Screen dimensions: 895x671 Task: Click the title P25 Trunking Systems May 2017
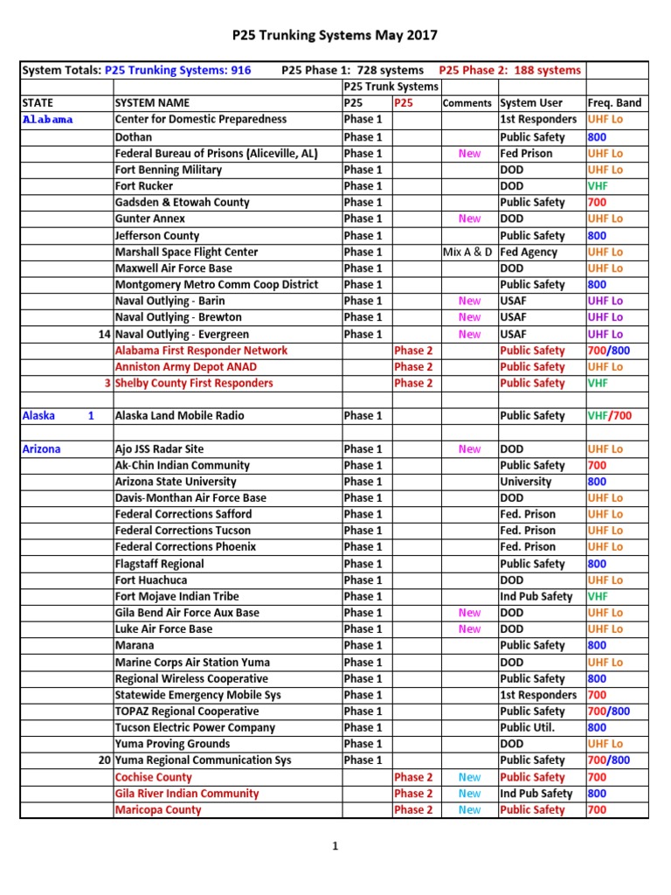[x=335, y=36]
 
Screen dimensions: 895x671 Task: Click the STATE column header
[x=37, y=103]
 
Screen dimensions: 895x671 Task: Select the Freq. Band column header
[x=614, y=103]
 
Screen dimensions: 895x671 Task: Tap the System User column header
[x=531, y=103]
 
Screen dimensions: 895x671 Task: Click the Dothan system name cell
[x=134, y=137]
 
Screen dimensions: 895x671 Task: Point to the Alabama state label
[x=48, y=120]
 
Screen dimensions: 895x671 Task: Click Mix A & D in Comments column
[x=468, y=252]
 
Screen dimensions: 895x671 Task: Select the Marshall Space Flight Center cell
[x=187, y=252]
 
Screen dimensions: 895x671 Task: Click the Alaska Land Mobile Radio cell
[x=180, y=416]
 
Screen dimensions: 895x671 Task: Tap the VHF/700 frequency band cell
[x=609, y=416]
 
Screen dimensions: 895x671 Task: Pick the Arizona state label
[x=41, y=449]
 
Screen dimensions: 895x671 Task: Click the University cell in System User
[x=525, y=482]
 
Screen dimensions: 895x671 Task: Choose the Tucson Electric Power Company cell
[x=195, y=727]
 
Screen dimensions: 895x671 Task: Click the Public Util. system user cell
[x=528, y=727]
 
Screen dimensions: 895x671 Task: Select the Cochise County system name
[x=154, y=777]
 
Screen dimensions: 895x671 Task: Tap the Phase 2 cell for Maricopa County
[x=413, y=810]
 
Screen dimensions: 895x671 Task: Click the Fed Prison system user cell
[x=525, y=154]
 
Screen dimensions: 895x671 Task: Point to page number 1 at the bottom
[x=335, y=846]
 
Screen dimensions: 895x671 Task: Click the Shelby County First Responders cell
[x=194, y=384]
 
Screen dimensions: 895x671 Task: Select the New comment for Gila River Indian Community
[x=469, y=794]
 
